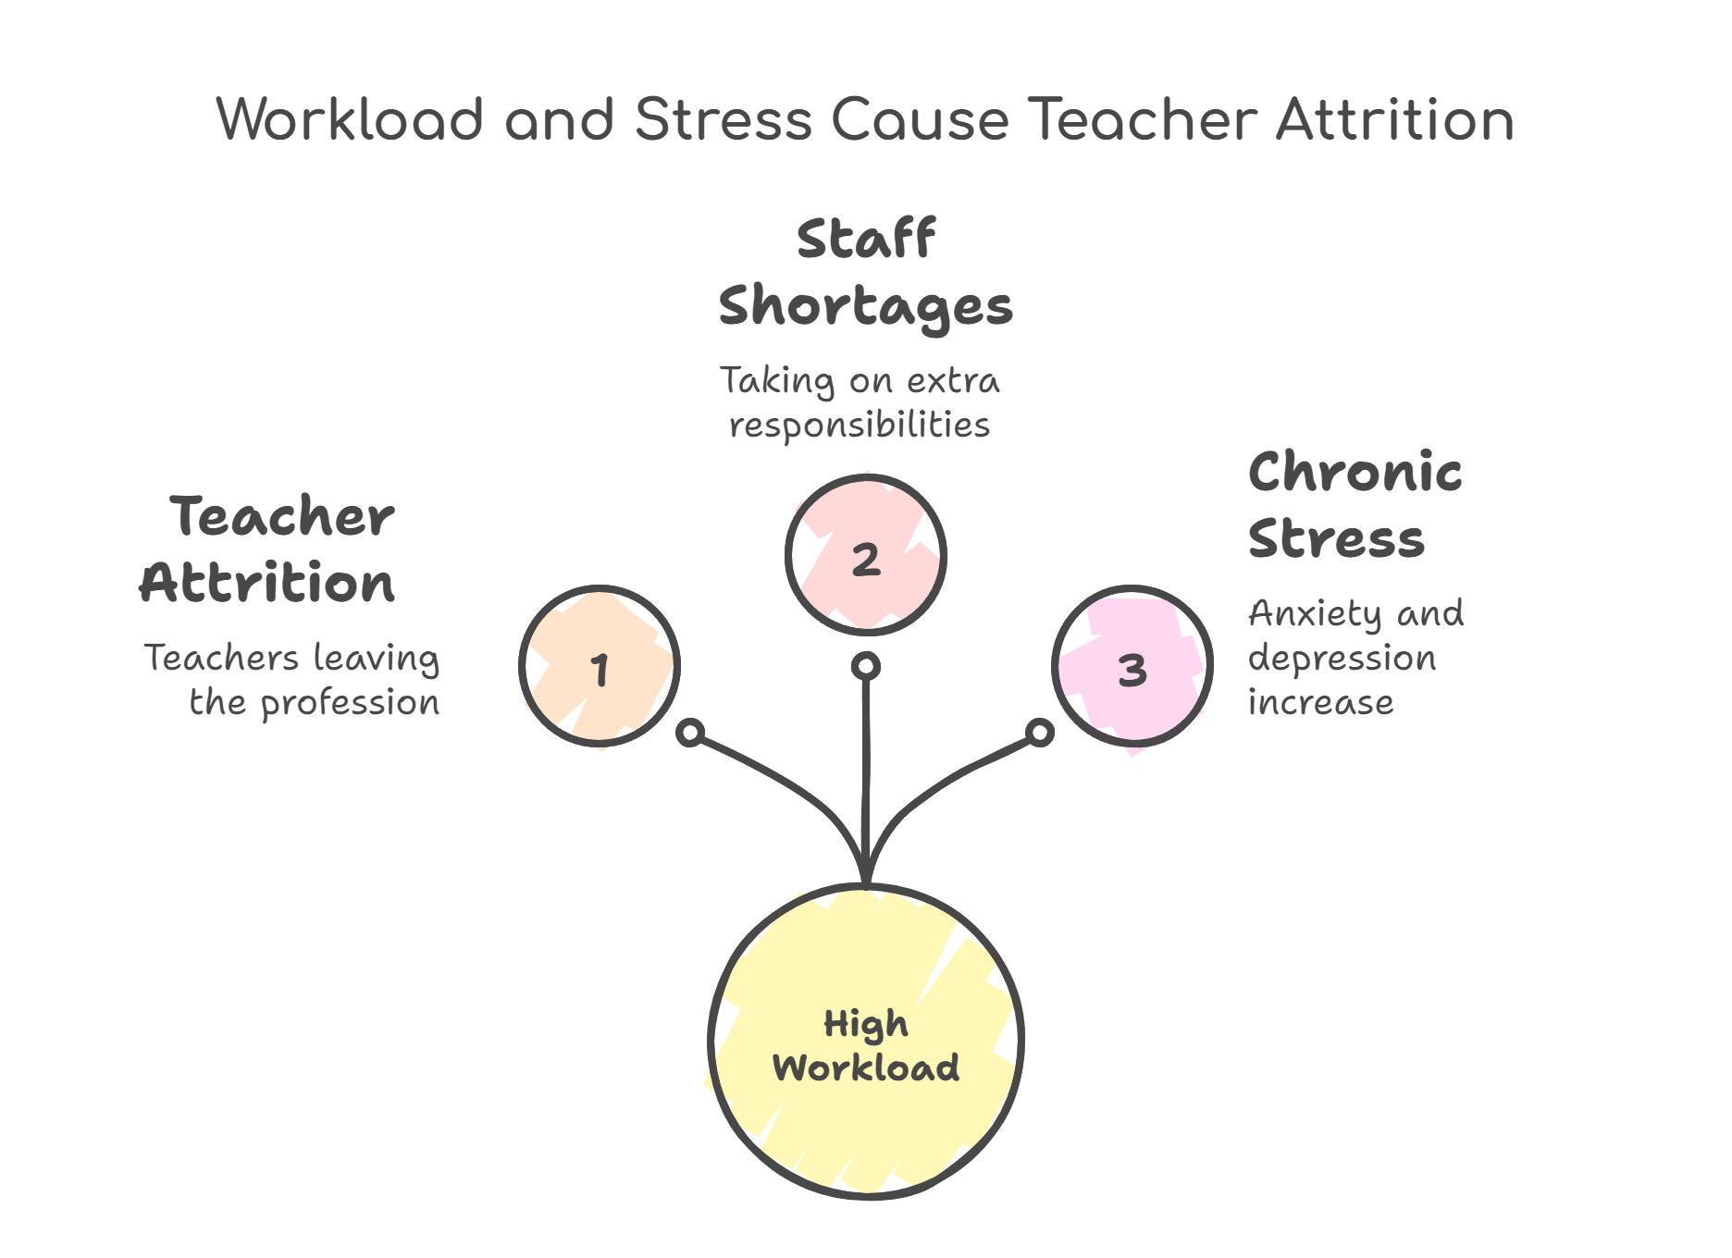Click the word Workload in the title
350,120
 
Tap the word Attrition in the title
1394,120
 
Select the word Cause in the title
919,120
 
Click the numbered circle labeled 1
600,667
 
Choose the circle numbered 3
1132,667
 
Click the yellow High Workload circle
866,1042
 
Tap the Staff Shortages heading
866,272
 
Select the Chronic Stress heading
1355,505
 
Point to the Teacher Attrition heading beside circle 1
268,549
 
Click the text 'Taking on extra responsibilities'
860,402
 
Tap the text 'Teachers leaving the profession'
292,680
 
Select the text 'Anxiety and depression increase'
1355,658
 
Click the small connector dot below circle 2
866,666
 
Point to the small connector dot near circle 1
690,734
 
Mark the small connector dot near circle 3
1041,733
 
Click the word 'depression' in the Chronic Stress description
1342,659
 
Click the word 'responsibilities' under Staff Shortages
860,425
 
